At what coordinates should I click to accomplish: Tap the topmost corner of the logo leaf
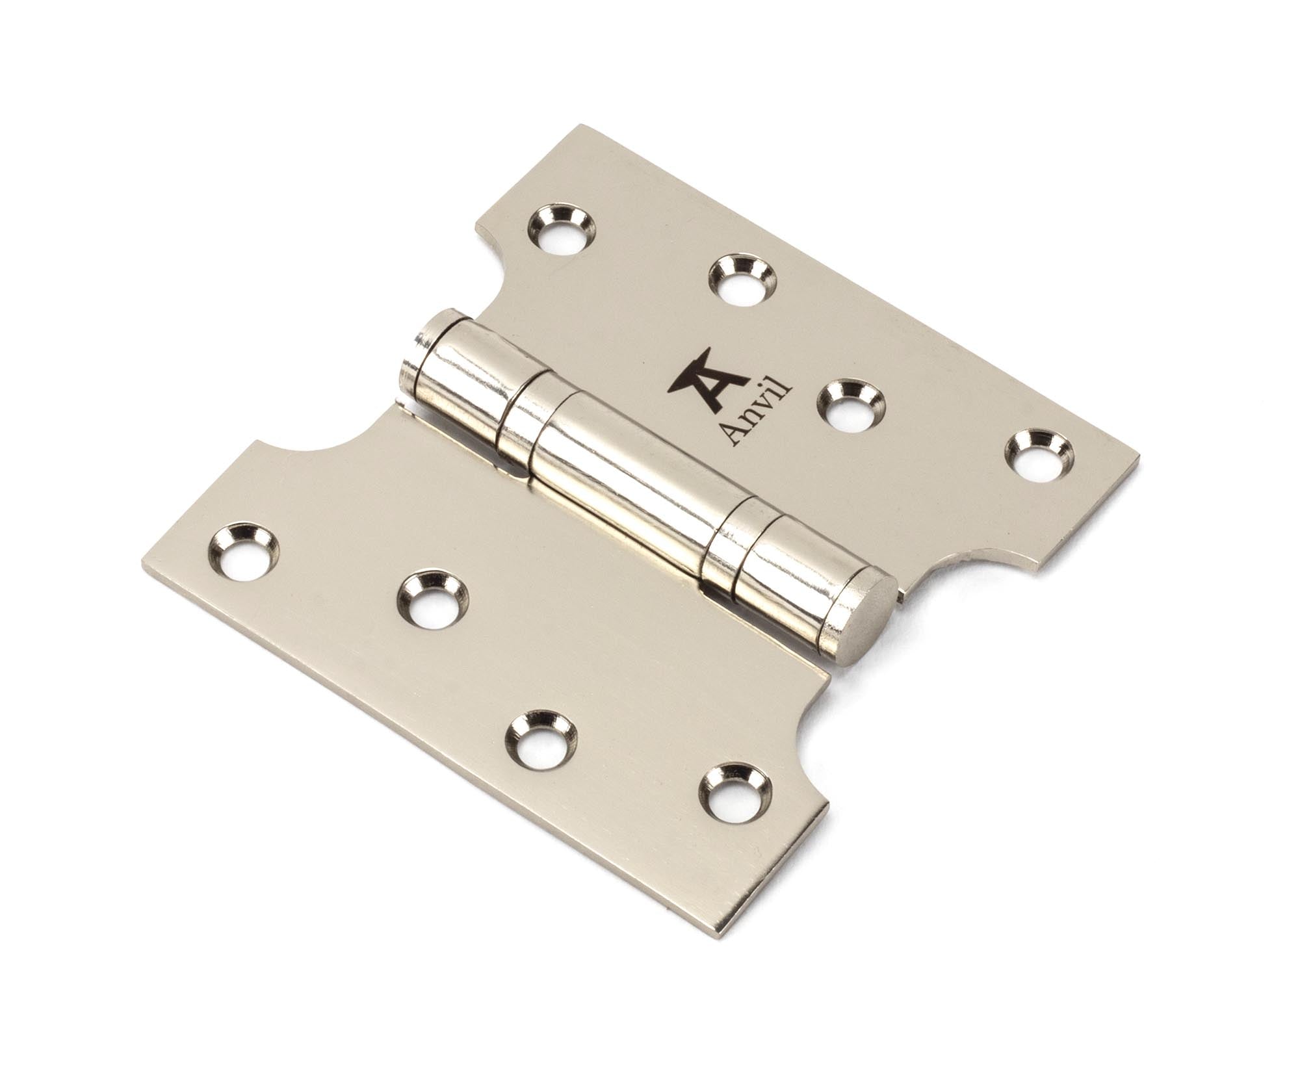585,125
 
